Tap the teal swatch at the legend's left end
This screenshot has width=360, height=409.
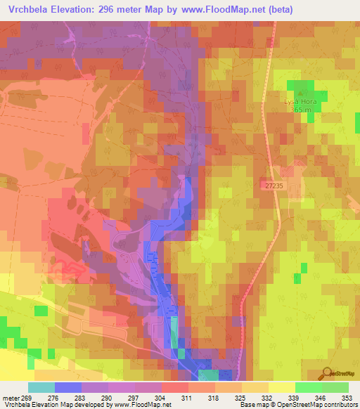41,387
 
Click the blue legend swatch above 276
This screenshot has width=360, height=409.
67,387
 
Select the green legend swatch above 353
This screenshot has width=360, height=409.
335,387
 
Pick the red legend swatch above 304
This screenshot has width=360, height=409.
174,387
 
